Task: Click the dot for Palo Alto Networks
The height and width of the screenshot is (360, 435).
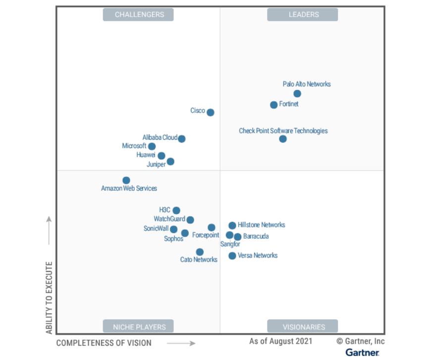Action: [x=297, y=94]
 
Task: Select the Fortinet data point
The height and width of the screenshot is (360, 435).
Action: [x=273, y=104]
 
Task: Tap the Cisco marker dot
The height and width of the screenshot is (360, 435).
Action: [x=210, y=112]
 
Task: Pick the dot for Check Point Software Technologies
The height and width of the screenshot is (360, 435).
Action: [x=282, y=139]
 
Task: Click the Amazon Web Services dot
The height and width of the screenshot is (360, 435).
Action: [x=126, y=180]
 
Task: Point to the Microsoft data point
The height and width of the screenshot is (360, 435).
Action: [x=152, y=146]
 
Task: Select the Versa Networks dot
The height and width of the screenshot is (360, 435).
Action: [x=232, y=256]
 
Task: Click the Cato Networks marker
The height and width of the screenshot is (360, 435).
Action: [x=200, y=252]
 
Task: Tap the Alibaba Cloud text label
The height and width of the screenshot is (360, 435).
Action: [x=160, y=138]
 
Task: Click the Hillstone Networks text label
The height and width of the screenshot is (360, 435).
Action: [x=261, y=225]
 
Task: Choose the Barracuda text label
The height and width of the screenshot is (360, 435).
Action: [x=256, y=237]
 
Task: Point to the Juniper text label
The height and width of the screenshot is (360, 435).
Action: [x=156, y=164]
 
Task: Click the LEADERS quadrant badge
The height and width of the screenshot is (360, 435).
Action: [x=302, y=15]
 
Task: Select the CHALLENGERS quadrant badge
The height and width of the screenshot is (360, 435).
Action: [x=138, y=15]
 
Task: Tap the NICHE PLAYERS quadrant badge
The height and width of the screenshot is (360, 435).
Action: [x=138, y=326]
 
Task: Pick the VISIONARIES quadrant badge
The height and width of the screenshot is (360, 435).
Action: [x=302, y=326]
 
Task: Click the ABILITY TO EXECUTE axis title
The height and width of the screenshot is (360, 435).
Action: [x=49, y=297]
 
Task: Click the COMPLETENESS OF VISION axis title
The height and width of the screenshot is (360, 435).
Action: [x=104, y=343]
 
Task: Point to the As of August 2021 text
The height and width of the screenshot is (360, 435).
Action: [x=280, y=341]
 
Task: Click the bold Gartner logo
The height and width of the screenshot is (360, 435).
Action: [x=362, y=353]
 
